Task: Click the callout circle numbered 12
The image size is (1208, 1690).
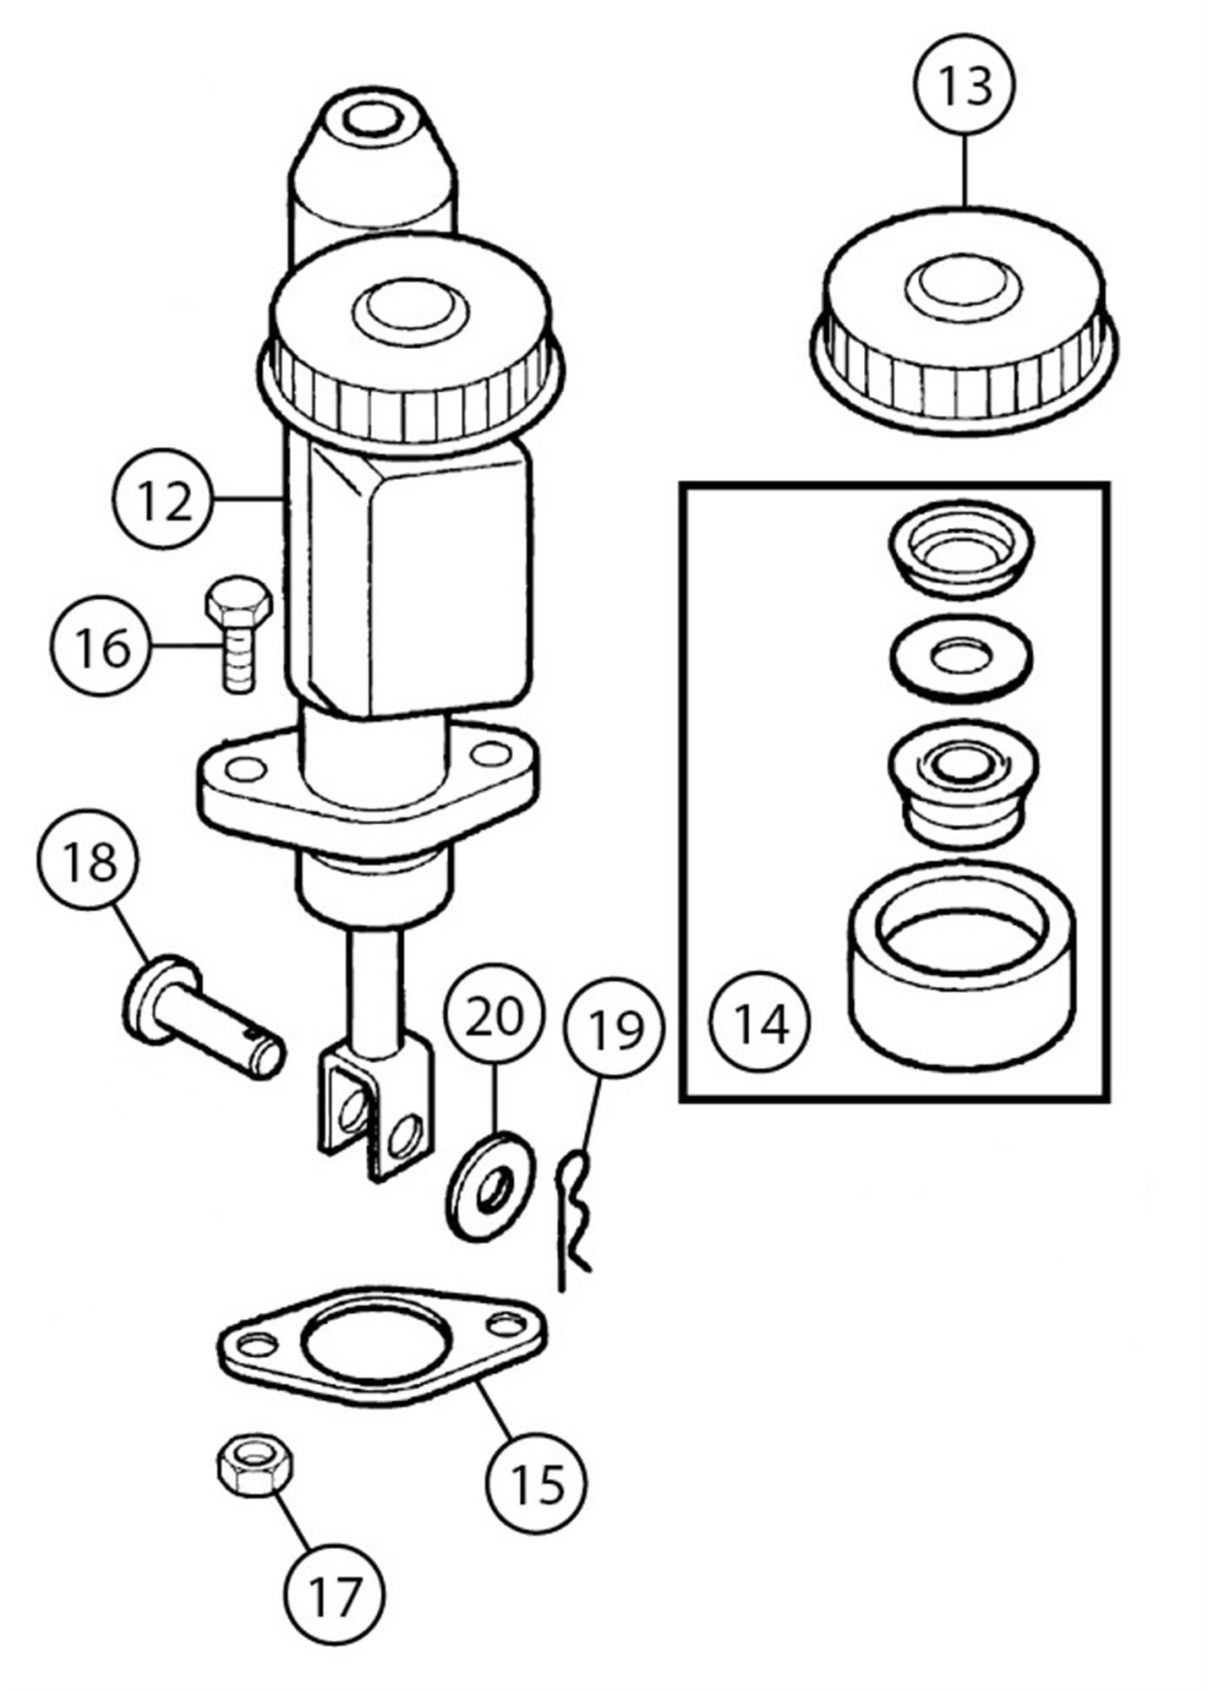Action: coord(162,499)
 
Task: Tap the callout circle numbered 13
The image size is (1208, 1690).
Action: coord(965,84)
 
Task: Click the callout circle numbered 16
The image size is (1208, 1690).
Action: coord(104,646)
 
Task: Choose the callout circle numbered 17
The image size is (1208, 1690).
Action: coord(335,1594)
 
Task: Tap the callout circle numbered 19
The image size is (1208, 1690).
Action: coord(615,1028)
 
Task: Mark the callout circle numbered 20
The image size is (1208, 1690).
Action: coord(495,1015)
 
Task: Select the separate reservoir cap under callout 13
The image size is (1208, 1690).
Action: coord(964,321)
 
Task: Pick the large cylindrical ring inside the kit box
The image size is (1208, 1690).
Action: coord(962,973)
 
